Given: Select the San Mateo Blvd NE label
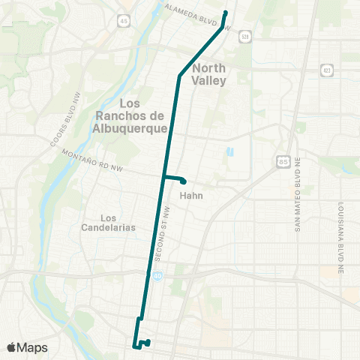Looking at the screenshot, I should [x=298, y=204].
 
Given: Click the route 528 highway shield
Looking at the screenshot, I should [x=245, y=37].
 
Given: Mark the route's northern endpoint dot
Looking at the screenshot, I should [x=225, y=12].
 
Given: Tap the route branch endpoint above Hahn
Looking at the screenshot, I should [x=183, y=181].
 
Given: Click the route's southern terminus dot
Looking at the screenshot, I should [x=148, y=342].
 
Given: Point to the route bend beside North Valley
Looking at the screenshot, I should [x=179, y=76].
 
